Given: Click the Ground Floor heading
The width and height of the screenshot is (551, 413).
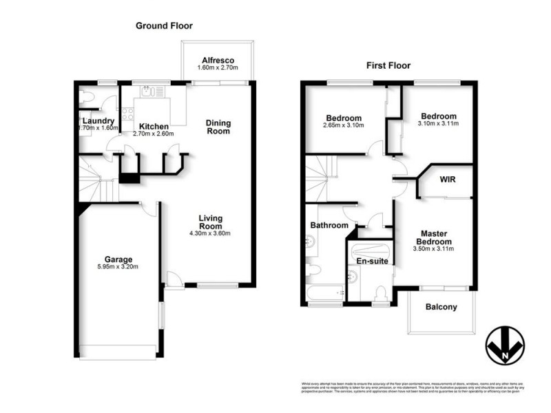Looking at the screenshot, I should [163, 25].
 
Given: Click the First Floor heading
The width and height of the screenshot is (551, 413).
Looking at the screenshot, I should [388, 66].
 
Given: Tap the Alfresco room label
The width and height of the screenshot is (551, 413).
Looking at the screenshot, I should [218, 59].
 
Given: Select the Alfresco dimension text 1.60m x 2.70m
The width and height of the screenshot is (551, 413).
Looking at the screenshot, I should [218, 68].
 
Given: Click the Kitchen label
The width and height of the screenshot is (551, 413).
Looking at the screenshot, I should [153, 127].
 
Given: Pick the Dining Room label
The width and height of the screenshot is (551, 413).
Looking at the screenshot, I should [218, 127].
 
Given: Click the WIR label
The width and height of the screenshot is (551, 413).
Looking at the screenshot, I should [448, 180].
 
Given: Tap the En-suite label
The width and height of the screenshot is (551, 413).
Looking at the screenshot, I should [370, 262].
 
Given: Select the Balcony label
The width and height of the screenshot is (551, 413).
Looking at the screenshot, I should [441, 307].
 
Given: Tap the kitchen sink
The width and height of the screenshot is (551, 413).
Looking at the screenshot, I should [152, 92].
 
